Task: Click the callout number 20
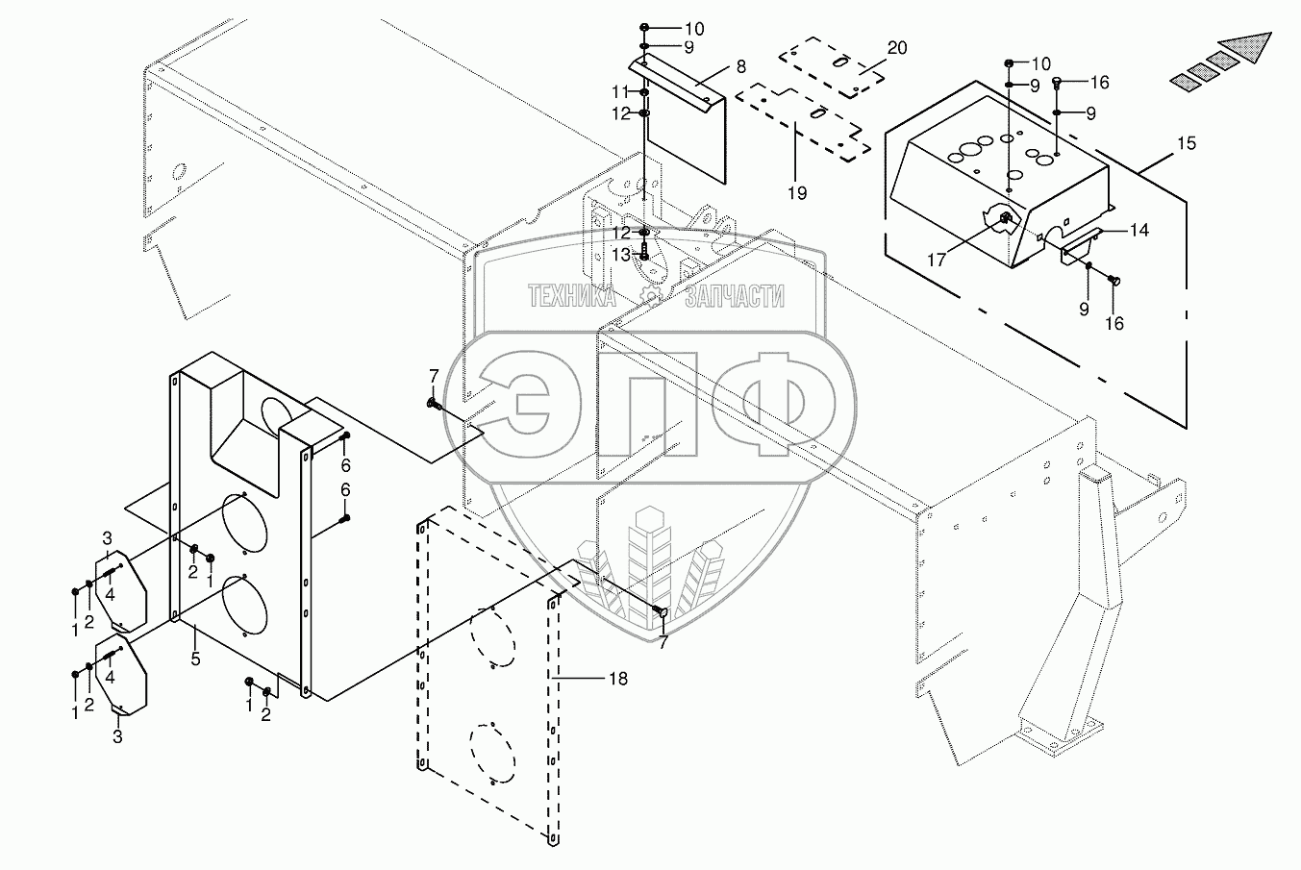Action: (x=896, y=47)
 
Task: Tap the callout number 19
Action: (x=797, y=192)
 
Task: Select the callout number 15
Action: (x=1186, y=143)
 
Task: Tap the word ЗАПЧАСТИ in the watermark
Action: (x=735, y=297)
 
